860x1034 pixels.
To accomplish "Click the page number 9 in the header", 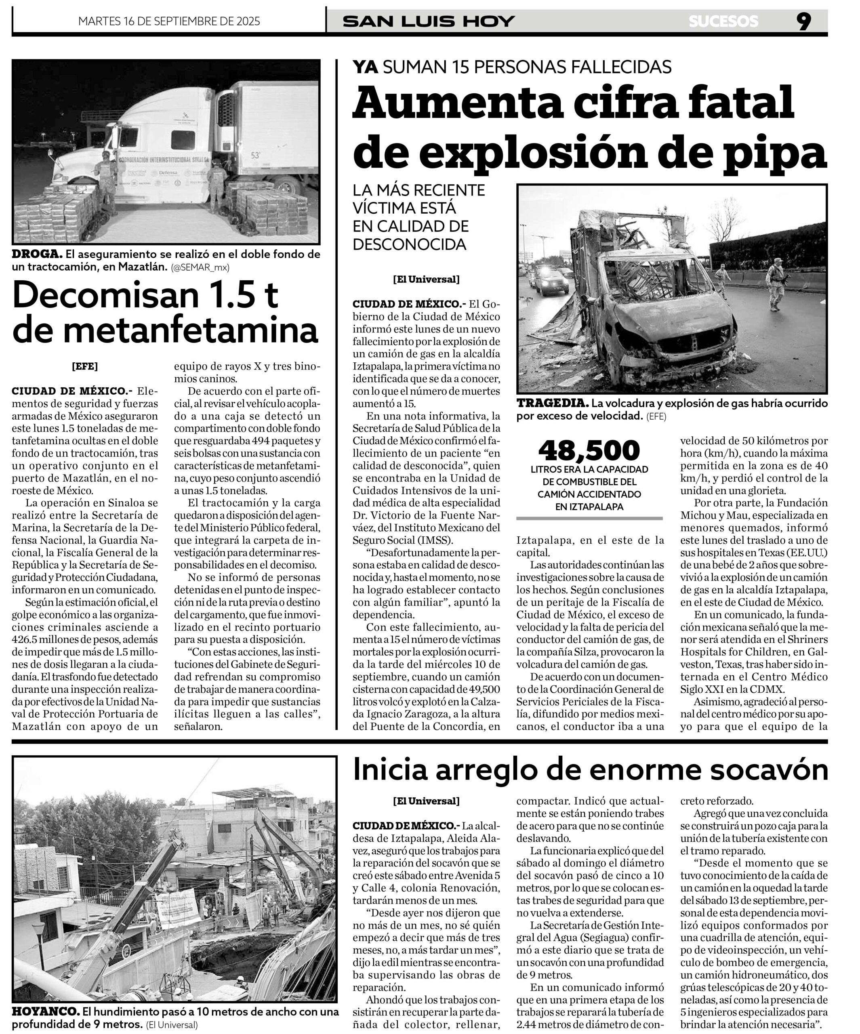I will click(x=803, y=21).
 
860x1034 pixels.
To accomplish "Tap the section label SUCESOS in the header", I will click(x=723, y=21).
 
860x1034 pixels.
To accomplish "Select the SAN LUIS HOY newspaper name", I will click(x=429, y=21).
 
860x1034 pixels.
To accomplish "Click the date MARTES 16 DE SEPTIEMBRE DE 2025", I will click(x=169, y=21).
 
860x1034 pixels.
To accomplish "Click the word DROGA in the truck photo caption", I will click(x=37, y=254).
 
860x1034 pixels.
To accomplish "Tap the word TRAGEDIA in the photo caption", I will click(x=553, y=403).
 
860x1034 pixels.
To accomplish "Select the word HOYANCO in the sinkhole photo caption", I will click(x=45, y=1011).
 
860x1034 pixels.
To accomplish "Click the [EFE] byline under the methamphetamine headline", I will click(x=85, y=366).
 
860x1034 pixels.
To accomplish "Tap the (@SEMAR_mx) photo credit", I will click(x=200, y=267).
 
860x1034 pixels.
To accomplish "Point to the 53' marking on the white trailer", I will click(x=256, y=155).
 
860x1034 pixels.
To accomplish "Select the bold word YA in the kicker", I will click(x=366, y=67).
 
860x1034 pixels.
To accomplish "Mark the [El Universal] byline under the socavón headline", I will click(x=426, y=801).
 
